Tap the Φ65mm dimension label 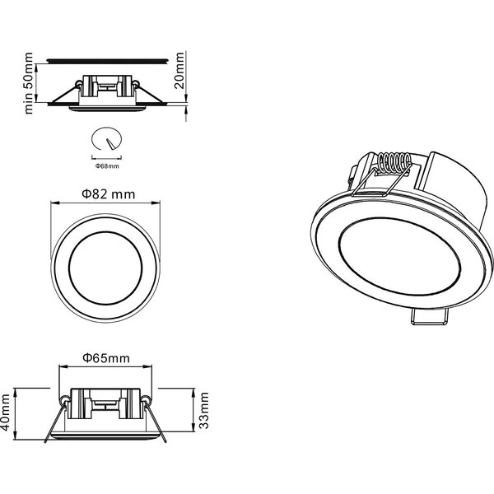point(106,358)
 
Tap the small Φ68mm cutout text point(108,165)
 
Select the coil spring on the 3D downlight point(394,164)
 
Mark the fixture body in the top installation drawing point(106,90)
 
